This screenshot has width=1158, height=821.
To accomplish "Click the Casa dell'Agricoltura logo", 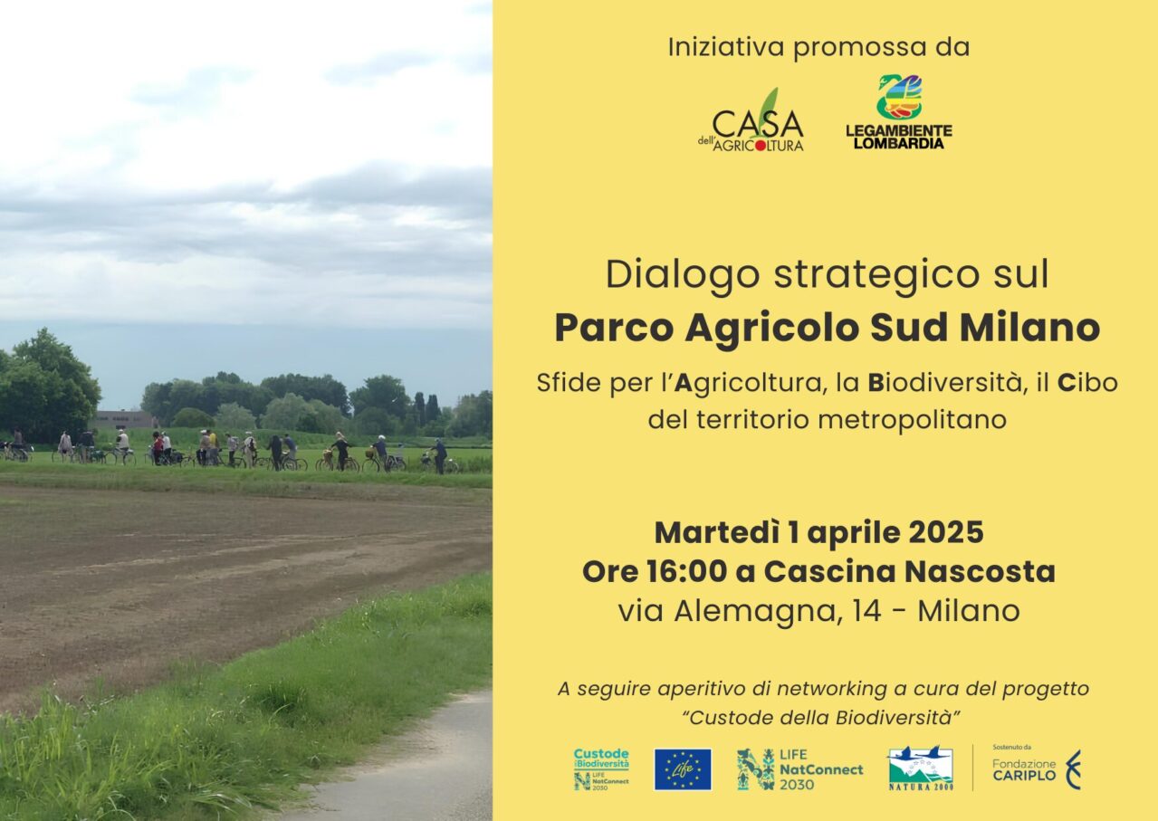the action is point(751,121).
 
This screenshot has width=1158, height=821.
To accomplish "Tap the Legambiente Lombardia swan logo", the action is point(899,112).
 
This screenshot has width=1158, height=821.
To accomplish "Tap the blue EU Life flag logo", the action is point(683,769).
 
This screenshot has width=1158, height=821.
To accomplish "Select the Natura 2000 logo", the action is point(921,768).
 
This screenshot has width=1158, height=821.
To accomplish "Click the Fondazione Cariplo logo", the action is point(1037,768).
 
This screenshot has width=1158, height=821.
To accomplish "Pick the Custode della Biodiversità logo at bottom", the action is point(601,768).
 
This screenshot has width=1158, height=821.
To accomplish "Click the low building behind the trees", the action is point(126,419).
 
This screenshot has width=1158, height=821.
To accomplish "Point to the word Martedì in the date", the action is point(716,533).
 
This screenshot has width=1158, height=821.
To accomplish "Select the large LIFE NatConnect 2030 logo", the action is point(800,769).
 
